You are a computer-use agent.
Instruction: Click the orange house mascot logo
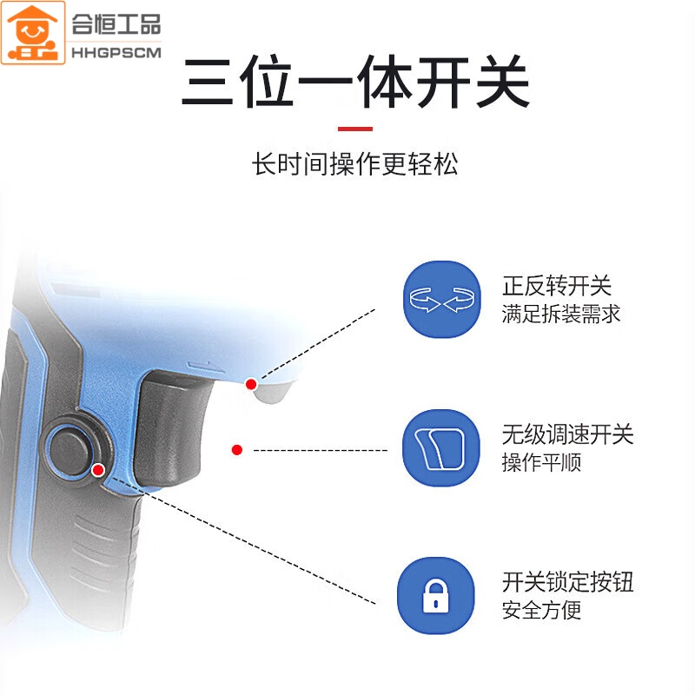pyautogui.click(x=33, y=33)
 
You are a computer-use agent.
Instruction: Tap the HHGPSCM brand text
pyautogui.click(x=116, y=53)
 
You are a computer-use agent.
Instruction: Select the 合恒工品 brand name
pyautogui.click(x=116, y=24)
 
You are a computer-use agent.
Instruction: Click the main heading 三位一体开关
pyautogui.click(x=355, y=82)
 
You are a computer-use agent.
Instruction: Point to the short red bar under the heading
pyautogui.click(x=355, y=129)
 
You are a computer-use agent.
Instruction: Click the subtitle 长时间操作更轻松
pyautogui.click(x=355, y=164)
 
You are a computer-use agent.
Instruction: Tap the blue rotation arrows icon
pyautogui.click(x=442, y=299)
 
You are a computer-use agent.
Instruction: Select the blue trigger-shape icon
pyautogui.click(x=441, y=447)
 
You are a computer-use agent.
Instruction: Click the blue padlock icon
pyautogui.click(x=436, y=596)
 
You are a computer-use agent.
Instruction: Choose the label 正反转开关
pyautogui.click(x=557, y=286)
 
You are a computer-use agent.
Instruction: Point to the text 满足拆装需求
pyautogui.click(x=560, y=314)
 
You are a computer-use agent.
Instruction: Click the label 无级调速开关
pyautogui.click(x=568, y=434)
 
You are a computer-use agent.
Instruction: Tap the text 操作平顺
pyautogui.click(x=541, y=463)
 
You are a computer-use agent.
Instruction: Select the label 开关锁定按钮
pyautogui.click(x=568, y=582)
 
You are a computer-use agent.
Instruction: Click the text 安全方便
pyautogui.click(x=541, y=611)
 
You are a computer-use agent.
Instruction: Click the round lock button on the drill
pyautogui.click(x=71, y=450)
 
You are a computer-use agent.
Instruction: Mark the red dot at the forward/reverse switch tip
pyautogui.click(x=251, y=384)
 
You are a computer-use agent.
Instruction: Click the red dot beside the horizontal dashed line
pyautogui.click(x=237, y=450)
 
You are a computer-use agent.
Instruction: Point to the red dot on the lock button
pyautogui.click(x=98, y=470)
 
